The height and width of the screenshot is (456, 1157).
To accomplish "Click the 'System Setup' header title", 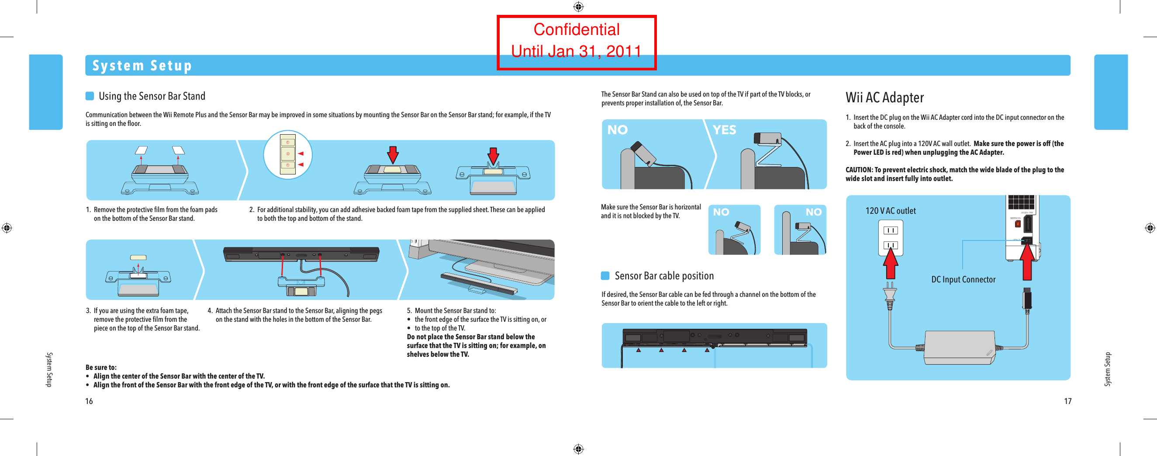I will click(142, 66).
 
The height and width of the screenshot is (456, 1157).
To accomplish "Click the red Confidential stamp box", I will click(576, 42).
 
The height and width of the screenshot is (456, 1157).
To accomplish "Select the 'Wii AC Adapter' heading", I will click(884, 97).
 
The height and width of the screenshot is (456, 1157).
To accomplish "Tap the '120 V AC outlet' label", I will click(890, 211).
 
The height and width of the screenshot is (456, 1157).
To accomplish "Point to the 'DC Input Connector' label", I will click(963, 279).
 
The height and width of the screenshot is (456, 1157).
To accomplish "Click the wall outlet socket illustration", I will click(890, 238).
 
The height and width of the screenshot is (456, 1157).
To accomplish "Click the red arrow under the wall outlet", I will click(890, 265).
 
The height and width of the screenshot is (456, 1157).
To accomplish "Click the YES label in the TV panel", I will click(724, 130).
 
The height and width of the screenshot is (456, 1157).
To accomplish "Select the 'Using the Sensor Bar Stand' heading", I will click(152, 96).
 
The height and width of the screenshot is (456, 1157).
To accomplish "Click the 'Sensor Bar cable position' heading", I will click(664, 276).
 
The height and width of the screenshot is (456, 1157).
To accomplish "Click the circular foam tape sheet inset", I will click(287, 154).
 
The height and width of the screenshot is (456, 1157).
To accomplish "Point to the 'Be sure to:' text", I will click(101, 367).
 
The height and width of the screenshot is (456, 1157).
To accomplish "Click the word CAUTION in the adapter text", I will click(859, 170).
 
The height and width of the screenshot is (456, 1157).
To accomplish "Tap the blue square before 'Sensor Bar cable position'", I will click(605, 276).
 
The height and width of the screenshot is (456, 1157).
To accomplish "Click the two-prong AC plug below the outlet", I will click(890, 296).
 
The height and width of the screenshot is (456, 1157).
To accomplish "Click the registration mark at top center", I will click(578, 7).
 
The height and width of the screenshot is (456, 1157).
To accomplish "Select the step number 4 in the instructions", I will click(210, 311).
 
